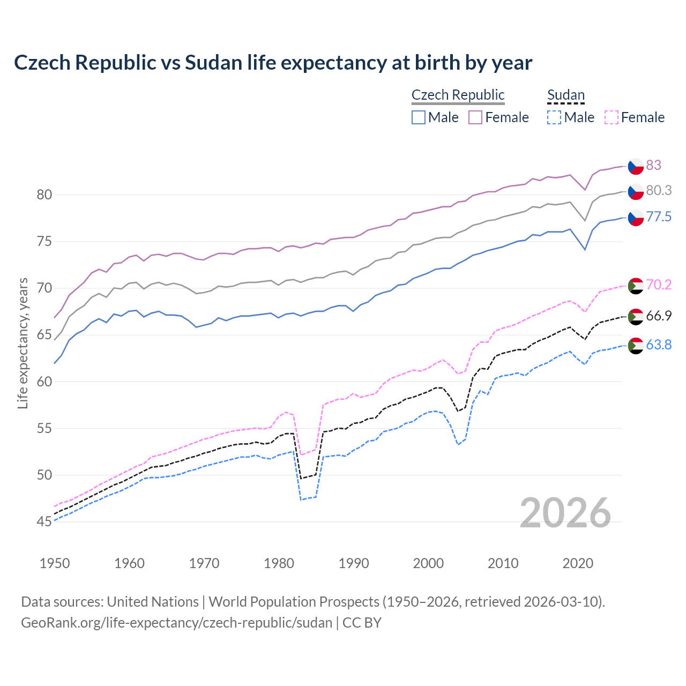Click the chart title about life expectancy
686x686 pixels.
click(273, 63)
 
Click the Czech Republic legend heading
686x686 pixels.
click(458, 95)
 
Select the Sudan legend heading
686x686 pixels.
click(565, 95)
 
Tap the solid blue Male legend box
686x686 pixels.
click(419, 117)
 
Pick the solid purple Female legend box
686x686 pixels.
click(475, 117)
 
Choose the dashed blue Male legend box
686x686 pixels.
click(554, 117)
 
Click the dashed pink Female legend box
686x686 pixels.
click(611, 117)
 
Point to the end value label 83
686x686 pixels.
click(653, 165)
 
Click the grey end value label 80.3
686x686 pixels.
click(659, 190)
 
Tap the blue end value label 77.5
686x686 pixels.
click(659, 217)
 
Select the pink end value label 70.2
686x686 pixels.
click(659, 285)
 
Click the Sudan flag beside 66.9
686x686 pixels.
click(636, 316)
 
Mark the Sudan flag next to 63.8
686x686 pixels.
click(636, 346)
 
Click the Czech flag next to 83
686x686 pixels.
click(636, 166)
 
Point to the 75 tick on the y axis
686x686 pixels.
click(44, 242)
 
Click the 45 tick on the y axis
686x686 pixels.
click(44, 521)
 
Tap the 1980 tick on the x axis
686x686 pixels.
click(279, 563)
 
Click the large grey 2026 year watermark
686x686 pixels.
click(565, 513)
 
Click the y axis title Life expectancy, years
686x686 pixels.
click(23, 343)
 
